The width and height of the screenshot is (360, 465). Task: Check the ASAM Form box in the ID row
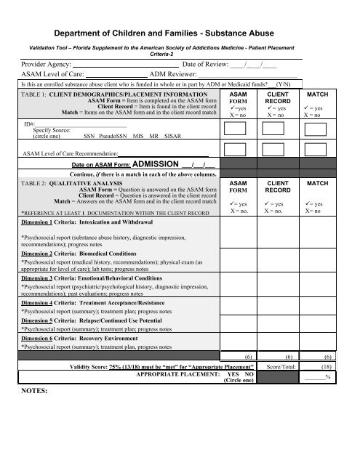[235, 129]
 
